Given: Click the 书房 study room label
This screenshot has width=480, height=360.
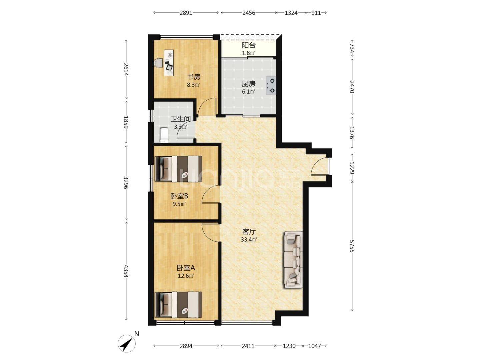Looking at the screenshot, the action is [193, 77].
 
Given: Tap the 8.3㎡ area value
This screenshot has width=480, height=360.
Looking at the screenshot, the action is [193, 85].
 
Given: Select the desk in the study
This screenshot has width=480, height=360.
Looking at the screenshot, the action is [169, 63].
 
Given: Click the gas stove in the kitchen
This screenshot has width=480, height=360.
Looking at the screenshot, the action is [271, 85].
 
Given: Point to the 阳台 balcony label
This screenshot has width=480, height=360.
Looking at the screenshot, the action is [248, 45].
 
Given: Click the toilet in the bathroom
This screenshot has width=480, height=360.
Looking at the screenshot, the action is [164, 135].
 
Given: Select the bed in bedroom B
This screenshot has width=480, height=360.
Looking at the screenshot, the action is [178, 169].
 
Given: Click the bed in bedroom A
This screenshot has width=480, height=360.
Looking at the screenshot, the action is [178, 305].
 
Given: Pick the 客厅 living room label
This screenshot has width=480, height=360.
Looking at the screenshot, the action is [249, 232].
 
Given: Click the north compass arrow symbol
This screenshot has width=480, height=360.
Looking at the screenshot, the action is [127, 343].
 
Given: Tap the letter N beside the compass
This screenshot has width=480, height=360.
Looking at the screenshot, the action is [137, 334].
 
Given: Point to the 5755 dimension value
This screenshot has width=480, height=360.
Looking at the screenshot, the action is [352, 246].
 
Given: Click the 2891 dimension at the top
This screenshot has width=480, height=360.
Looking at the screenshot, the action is [186, 13].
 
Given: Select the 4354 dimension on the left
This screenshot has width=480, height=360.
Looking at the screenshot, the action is [126, 271].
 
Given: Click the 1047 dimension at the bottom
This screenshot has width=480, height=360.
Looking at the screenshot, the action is [314, 346].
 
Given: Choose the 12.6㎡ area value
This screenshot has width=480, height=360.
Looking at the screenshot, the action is [186, 276].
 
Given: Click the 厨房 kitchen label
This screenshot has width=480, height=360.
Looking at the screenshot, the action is [248, 84].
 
